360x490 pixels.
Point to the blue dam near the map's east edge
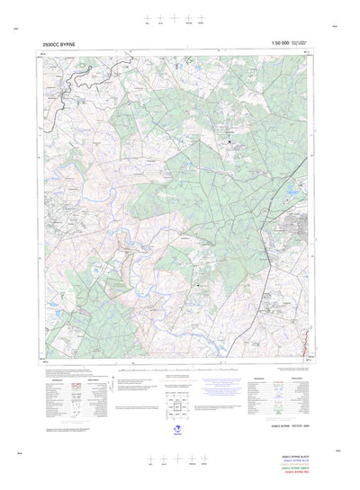290,194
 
